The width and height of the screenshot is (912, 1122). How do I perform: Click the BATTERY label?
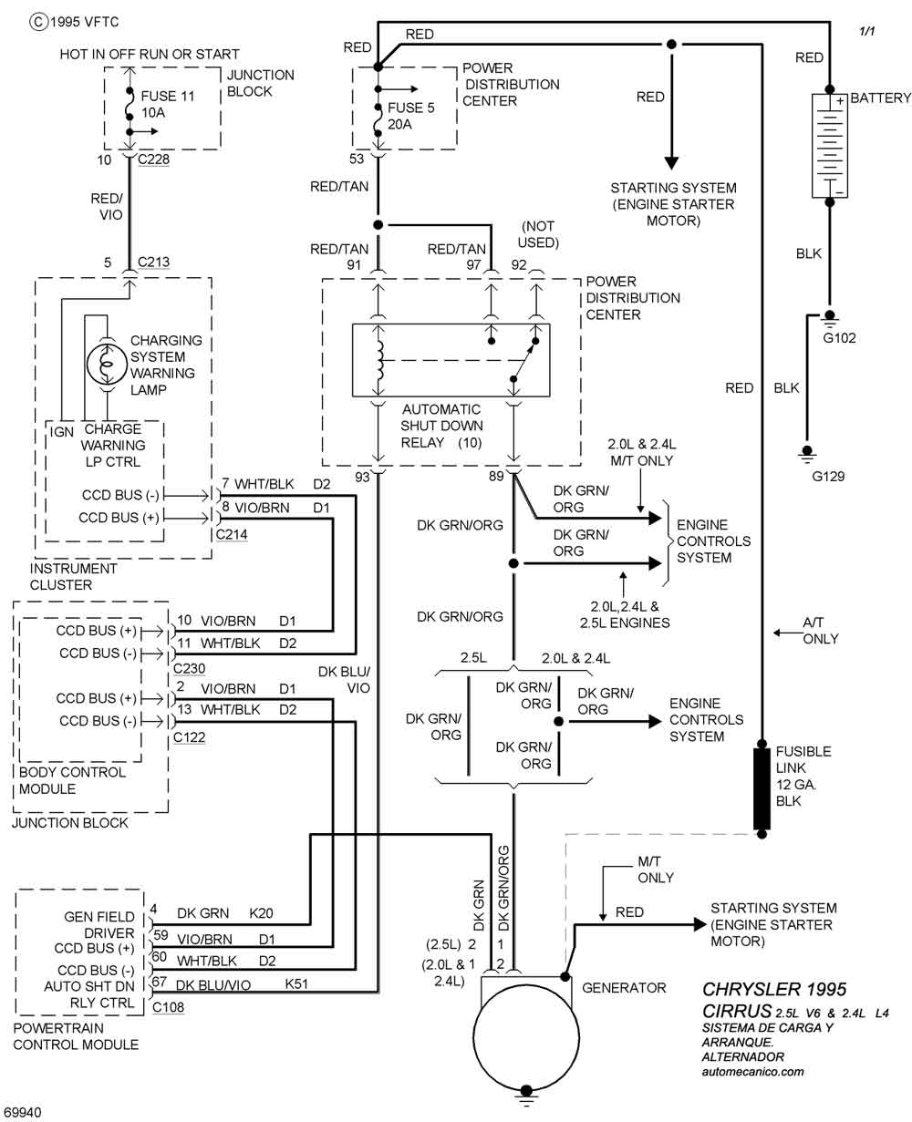pyautogui.click(x=880, y=98)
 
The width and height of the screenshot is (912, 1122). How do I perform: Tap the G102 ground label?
pyautogui.click(x=840, y=337)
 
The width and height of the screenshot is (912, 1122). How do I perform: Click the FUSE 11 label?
pyautogui.click(x=168, y=95)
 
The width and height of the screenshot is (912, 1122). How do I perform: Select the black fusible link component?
pyautogui.click(x=762, y=788)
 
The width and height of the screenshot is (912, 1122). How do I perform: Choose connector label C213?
pyautogui.click(x=153, y=262)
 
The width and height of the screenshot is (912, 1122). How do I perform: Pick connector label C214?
pyautogui.click(x=231, y=535)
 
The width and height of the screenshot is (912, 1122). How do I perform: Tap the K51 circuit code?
pyautogui.click(x=297, y=984)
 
